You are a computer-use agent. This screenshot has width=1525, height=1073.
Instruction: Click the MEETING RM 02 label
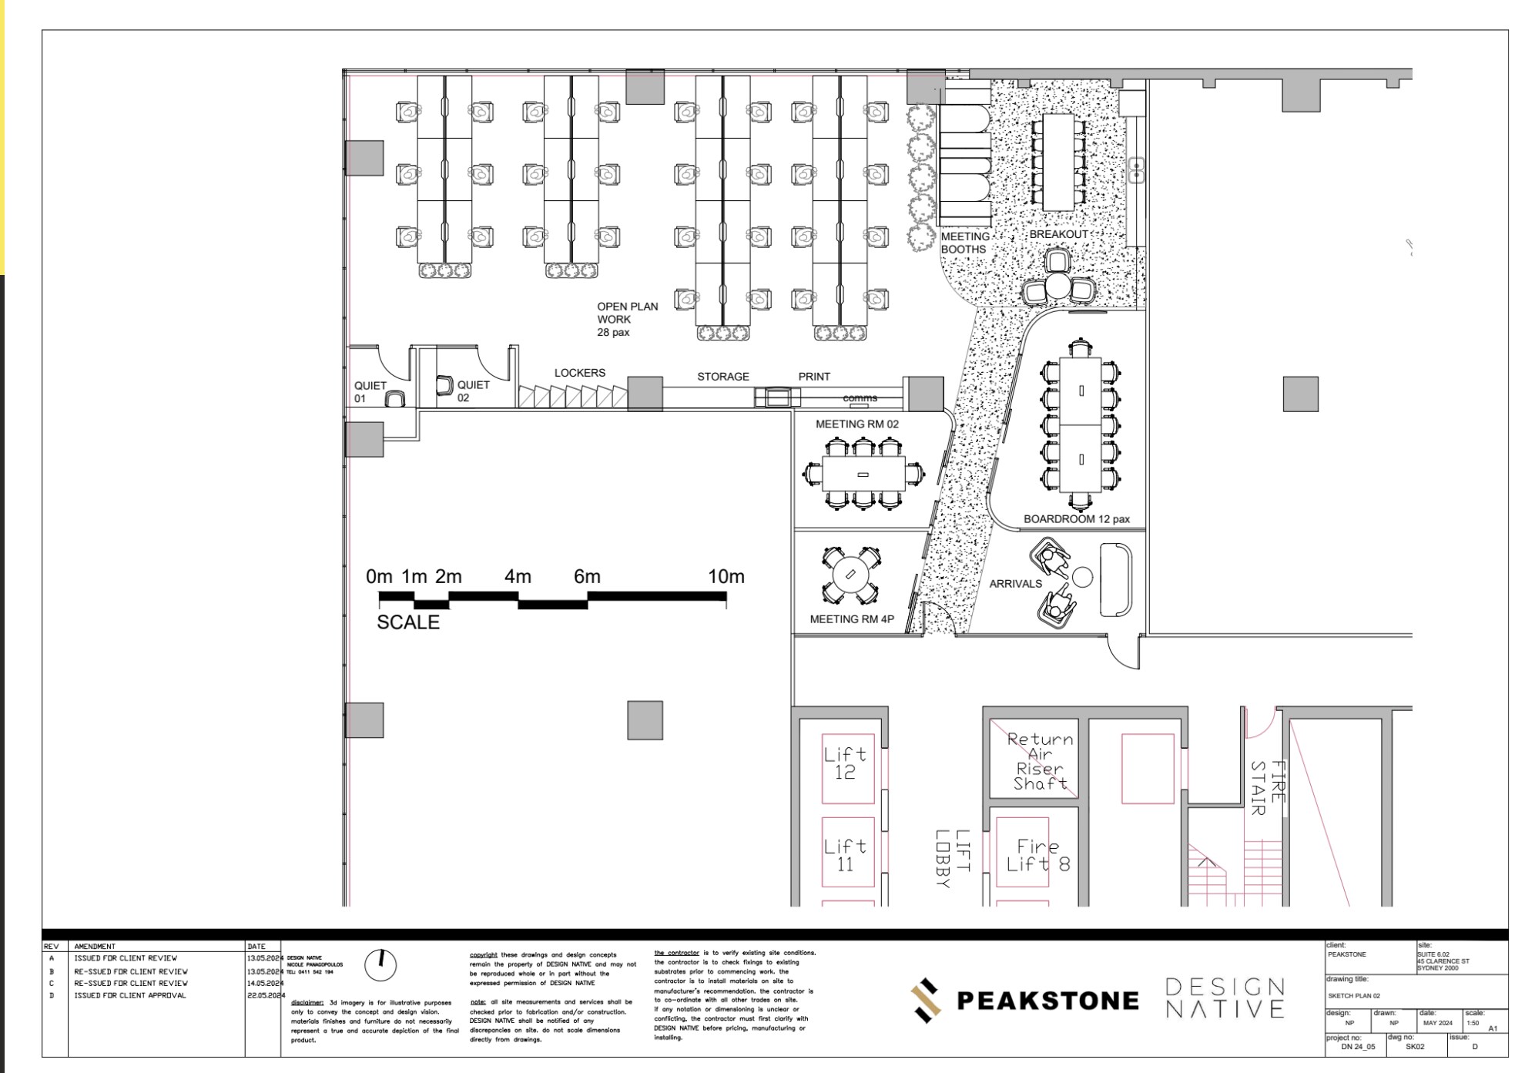pos(856,424)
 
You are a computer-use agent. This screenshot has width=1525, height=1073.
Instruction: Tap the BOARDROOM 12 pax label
pos(1076,519)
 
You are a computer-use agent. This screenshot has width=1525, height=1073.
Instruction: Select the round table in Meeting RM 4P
pos(850,575)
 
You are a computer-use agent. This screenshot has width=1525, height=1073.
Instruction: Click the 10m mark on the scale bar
pos(726,577)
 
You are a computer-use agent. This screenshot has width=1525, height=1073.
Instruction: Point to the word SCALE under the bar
pos(407,622)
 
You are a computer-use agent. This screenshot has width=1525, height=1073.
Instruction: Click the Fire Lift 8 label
pos(1037,856)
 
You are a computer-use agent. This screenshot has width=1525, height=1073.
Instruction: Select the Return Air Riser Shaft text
pos(1040,761)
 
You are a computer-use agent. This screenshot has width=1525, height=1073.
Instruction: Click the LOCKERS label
pos(579,373)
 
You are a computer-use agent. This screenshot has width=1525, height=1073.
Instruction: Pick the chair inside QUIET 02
pos(444,384)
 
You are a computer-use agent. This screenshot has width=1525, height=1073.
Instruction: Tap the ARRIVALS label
pos(1015,584)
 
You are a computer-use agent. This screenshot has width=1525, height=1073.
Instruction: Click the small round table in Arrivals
pos(1082,576)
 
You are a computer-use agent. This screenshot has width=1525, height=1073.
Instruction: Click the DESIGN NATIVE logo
pos(1224,998)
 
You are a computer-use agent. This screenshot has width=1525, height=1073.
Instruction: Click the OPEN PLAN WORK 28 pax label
pos(627,319)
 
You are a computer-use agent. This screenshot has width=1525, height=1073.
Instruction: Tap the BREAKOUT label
pos(1058,234)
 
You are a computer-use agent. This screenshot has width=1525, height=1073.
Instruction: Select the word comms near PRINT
pos(860,398)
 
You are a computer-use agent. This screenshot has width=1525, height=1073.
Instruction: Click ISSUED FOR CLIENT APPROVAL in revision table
pos(130,995)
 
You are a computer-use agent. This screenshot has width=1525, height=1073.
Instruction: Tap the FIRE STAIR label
pos(1267,787)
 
